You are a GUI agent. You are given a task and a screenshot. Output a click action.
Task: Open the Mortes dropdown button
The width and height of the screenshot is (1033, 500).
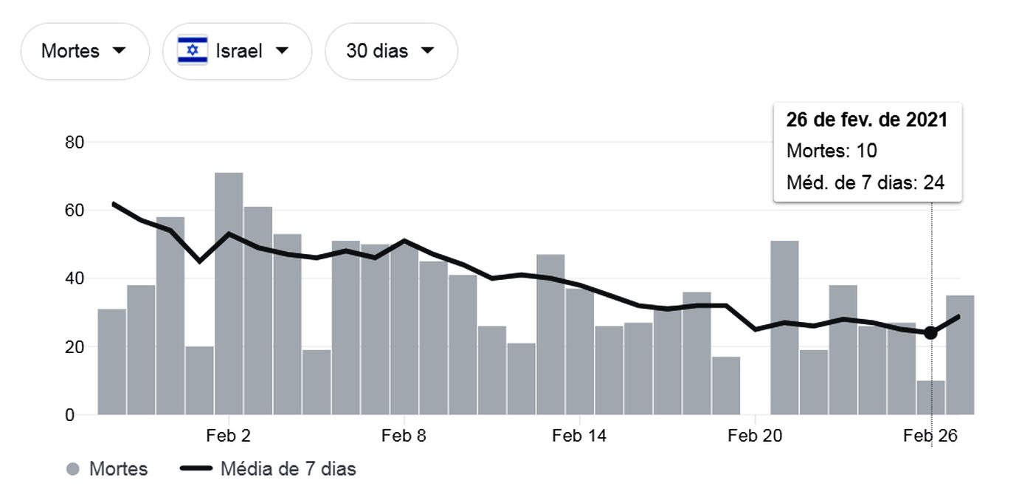84,51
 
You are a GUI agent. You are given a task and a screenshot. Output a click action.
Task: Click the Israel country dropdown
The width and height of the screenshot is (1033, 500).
237,51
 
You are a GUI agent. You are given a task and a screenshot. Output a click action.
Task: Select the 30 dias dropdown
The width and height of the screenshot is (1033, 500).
390,51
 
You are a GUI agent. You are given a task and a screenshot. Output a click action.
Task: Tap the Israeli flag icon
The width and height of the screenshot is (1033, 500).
193,50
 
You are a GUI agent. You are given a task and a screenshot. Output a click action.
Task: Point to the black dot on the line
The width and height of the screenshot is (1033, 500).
930,332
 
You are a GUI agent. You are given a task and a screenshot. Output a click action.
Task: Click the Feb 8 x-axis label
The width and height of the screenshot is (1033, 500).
404,436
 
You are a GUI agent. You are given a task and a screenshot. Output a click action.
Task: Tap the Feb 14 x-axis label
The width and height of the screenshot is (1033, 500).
579,436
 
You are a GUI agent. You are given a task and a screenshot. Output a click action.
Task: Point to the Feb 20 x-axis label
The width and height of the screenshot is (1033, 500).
755,436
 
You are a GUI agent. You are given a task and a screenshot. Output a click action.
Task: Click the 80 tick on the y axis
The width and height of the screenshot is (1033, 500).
75,142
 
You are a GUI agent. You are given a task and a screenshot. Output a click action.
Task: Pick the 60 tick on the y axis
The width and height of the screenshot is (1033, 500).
75,210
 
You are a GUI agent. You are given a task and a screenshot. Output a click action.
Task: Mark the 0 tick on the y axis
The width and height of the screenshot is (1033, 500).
69,415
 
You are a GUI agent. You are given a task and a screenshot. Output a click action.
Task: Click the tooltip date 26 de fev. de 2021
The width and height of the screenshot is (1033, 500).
866,120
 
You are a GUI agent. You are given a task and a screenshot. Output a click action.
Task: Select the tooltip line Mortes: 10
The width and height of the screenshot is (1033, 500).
832,151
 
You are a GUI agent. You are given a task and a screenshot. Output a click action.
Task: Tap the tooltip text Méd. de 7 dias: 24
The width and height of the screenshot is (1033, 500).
866,182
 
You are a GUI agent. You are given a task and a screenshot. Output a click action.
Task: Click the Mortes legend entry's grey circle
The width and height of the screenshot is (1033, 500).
72,469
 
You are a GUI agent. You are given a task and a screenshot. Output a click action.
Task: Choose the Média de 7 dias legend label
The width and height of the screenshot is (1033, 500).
288,469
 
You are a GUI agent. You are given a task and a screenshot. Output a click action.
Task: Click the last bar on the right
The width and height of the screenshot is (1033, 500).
960,355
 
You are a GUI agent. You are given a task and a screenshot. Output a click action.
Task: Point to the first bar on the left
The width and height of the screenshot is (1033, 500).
111,362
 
